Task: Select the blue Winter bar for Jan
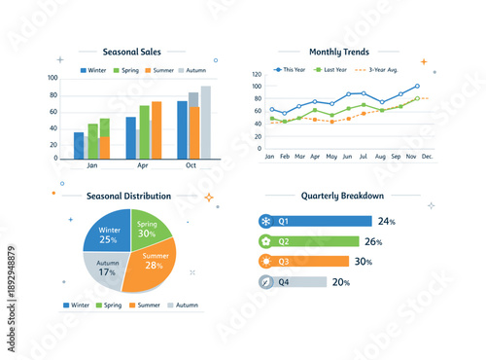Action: pyautogui.click(x=79, y=146)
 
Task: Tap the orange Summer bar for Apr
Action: pyautogui.click(x=156, y=130)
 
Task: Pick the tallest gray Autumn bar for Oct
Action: pyautogui.click(x=205, y=123)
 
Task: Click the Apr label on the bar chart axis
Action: pyautogui.click(x=144, y=166)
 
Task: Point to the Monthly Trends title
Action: pyautogui.click(x=338, y=52)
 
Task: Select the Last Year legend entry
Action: pyautogui.click(x=335, y=70)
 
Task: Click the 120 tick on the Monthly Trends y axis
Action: pyautogui.click(x=258, y=74)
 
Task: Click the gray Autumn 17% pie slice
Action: pyautogui.click(x=105, y=269)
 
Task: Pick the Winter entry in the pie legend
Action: pyautogui.click(x=77, y=305)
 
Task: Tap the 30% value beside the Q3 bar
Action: pyautogui.click(x=364, y=262)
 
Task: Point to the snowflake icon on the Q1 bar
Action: pyautogui.click(x=265, y=221)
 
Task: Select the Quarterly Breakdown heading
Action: pyautogui.click(x=342, y=196)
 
